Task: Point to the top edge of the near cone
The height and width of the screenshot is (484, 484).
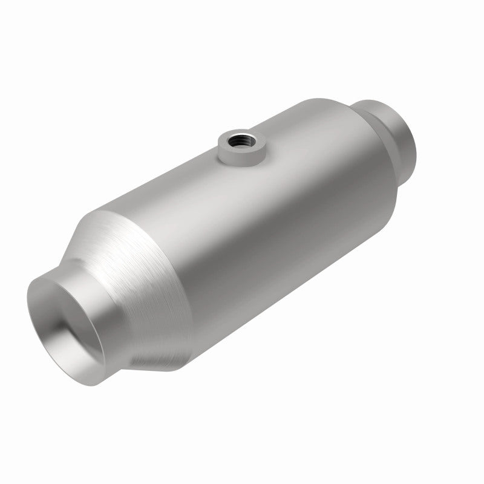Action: point(97,212)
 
